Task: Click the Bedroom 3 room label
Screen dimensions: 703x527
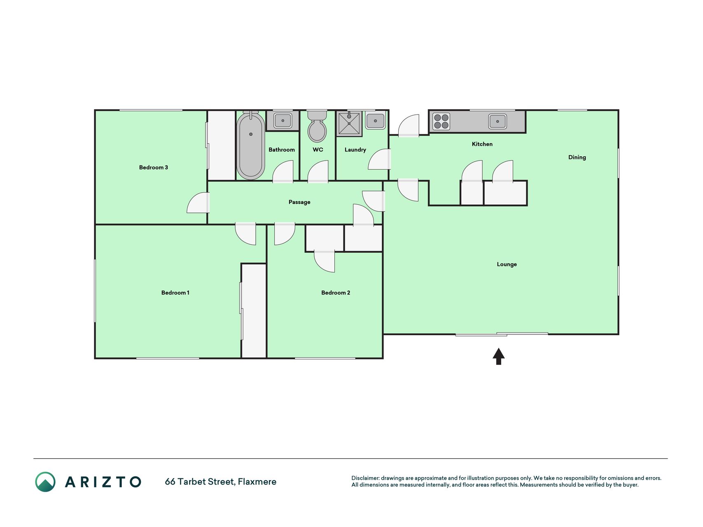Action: coord(153,168)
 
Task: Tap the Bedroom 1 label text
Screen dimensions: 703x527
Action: coord(175,293)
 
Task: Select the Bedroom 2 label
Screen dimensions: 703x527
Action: coord(336,293)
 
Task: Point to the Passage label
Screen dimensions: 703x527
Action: coord(299,202)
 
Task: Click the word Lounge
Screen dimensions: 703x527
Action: coord(507,264)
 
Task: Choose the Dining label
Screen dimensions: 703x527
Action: coord(577,157)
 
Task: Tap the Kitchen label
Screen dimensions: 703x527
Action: coord(482,144)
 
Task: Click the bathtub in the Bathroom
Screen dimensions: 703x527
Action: coord(250,145)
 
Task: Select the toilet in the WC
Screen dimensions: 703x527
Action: coord(317,126)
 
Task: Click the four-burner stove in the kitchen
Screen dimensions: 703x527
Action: coord(441,121)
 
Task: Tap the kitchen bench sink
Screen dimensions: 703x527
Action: coord(497,121)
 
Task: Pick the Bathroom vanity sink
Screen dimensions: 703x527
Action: coord(283,121)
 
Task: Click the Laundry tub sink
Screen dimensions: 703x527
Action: coord(375,121)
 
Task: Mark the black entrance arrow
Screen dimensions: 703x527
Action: coord(499,357)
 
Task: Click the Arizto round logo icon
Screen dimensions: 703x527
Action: coord(45,482)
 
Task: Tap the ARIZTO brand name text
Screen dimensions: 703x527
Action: coord(103,482)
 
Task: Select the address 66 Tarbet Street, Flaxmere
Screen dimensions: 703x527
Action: coord(221,482)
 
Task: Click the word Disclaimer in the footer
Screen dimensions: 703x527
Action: coord(365,478)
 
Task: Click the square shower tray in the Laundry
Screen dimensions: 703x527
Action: coord(349,123)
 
